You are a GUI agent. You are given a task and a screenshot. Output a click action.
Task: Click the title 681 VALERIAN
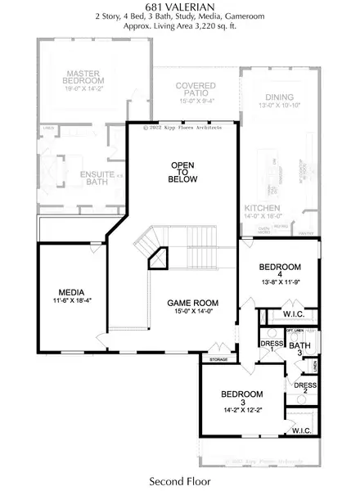[180, 6]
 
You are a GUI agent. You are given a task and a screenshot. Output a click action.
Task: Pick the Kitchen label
[263, 209]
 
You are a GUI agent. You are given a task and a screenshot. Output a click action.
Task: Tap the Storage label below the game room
[218, 359]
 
